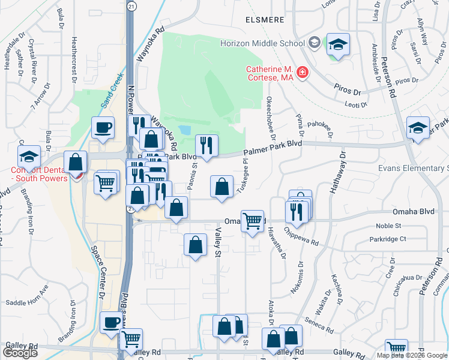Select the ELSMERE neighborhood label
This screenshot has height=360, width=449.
(x=265, y=19)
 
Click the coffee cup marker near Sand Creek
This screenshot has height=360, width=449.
(x=103, y=127)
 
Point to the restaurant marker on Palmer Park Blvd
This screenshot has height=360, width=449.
(x=206, y=146)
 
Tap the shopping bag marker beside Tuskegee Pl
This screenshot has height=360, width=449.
(x=222, y=186)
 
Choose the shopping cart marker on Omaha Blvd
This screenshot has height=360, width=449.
(x=252, y=221)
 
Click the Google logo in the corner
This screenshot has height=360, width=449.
(x=20, y=352)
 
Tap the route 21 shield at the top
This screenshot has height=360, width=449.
(x=131, y=5)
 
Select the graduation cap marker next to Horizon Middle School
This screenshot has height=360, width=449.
(x=338, y=44)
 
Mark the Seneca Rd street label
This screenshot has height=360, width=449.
(x=318, y=325)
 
